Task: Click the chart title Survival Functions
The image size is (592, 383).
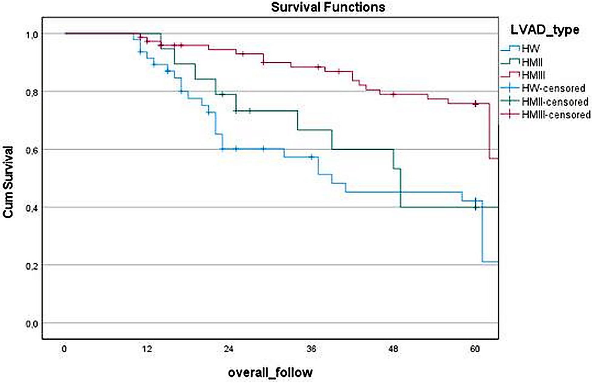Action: [x=328, y=7]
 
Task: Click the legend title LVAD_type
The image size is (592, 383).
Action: [x=544, y=30]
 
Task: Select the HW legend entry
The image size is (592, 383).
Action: [x=530, y=48]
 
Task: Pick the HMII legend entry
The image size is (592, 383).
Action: [x=532, y=62]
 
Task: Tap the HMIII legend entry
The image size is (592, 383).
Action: [x=533, y=75]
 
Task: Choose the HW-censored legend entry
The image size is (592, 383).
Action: [x=553, y=88]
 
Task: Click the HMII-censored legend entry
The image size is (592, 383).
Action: [x=555, y=102]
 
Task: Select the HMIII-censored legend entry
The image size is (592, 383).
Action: [x=556, y=115]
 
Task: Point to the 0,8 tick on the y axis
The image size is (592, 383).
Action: [x=32, y=92]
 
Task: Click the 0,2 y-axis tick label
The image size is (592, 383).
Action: [x=32, y=266]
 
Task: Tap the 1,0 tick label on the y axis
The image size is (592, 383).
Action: [x=32, y=35]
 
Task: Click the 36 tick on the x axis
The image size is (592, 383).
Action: [x=311, y=349]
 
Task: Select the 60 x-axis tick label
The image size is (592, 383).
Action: [x=475, y=349]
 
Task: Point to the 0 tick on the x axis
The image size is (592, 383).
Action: [x=64, y=349]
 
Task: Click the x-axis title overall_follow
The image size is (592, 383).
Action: [x=270, y=372]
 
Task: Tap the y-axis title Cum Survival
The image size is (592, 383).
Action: [x=8, y=182]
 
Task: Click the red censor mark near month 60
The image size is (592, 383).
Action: [x=475, y=104]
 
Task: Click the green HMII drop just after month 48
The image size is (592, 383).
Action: [x=401, y=188]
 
